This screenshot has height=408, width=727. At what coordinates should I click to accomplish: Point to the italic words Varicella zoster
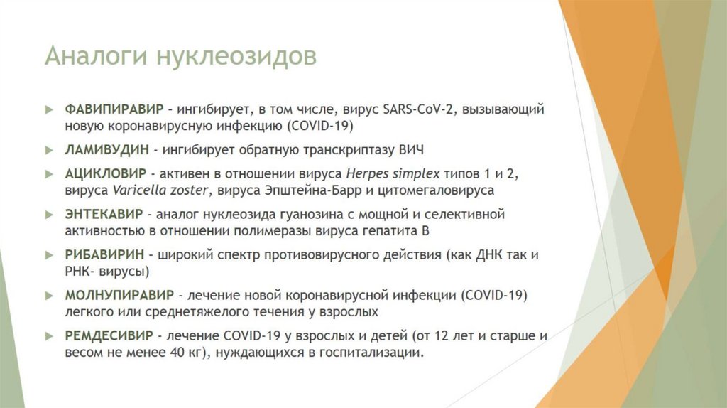pos(160,190)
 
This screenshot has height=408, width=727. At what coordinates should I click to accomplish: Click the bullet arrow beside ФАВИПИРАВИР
pos(48,110)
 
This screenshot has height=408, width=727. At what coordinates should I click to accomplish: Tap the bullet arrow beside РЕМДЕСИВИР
pos(48,335)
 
